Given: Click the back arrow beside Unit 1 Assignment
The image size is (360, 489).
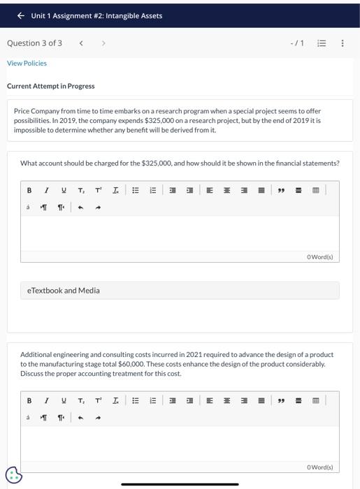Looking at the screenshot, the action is [20, 15].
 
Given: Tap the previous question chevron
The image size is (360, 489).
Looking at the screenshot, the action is [81, 43].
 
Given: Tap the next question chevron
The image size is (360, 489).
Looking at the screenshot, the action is [103, 43].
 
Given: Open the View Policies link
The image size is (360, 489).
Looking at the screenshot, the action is [27, 64].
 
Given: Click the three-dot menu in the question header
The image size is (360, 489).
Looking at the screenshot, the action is [342, 43].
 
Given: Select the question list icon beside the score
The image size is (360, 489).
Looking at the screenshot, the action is [322, 43].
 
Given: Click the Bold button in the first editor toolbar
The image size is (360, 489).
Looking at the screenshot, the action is [29, 190].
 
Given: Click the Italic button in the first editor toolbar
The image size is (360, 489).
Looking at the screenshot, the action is [46, 190].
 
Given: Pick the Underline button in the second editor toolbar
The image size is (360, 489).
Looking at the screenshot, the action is [64, 401].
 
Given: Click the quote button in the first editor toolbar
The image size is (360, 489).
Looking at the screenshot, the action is [281, 190].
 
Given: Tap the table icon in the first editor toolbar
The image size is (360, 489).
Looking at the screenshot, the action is [315, 190].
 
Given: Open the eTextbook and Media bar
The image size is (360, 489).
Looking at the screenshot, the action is [180, 291].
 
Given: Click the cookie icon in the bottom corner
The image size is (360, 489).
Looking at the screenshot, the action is [13, 475].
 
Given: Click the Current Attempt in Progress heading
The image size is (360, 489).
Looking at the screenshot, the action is [51, 86].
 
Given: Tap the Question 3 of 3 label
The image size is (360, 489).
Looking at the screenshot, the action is [34, 43].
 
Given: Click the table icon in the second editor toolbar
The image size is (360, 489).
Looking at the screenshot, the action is [315, 401].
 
